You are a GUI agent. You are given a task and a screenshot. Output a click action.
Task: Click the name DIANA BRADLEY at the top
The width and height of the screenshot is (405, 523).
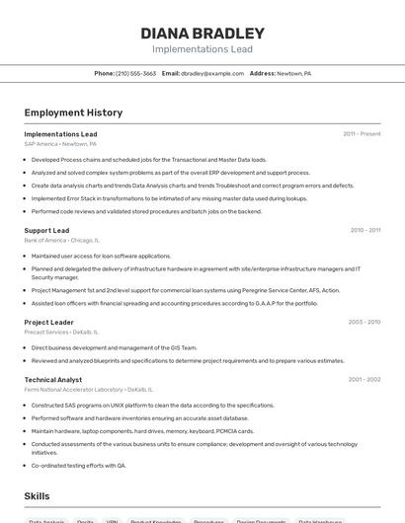click(x=202, y=33)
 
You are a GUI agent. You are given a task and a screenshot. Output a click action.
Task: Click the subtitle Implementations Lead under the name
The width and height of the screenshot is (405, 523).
click(x=202, y=49)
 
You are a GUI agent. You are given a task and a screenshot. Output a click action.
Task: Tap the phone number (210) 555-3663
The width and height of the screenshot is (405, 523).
click(x=136, y=73)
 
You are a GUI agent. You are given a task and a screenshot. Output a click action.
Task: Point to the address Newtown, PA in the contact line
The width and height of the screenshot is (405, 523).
click(x=293, y=73)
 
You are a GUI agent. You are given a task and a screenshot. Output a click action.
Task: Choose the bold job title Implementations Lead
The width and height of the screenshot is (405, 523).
click(x=60, y=134)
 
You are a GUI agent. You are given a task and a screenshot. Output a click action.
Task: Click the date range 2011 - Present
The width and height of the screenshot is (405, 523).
click(x=362, y=134)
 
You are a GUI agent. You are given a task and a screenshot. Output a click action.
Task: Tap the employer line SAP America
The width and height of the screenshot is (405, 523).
click(x=59, y=143)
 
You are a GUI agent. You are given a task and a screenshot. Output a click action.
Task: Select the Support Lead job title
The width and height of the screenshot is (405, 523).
click(x=46, y=231)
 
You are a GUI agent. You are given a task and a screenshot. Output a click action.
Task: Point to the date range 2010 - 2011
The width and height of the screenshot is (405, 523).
click(x=364, y=231)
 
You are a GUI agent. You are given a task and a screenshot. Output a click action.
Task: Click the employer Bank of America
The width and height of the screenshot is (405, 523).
click(x=61, y=240)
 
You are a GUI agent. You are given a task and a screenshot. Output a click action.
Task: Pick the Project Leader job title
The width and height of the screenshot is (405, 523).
click(x=49, y=323)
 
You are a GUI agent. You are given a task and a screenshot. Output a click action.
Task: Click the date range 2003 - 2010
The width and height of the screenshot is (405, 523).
click(x=364, y=323)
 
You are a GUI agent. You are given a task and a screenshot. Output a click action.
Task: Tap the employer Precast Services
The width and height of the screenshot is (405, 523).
click(x=61, y=332)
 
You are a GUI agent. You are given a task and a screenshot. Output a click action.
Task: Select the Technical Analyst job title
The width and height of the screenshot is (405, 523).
click(x=53, y=380)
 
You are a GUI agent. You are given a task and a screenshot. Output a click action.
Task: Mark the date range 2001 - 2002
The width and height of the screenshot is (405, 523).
click(x=364, y=380)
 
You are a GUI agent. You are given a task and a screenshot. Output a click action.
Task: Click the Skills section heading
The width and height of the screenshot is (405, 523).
click(x=38, y=495)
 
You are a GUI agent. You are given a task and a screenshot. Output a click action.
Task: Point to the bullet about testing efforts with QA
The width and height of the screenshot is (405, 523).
click(x=79, y=465)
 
